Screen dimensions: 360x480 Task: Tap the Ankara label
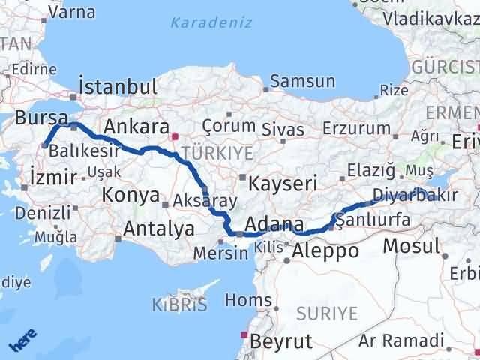tap(135, 125)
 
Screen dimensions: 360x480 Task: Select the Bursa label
tap(41, 117)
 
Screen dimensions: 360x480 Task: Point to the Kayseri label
tap(283, 183)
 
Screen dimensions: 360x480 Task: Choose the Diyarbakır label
tap(408, 196)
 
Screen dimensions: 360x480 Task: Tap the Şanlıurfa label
tap(373, 220)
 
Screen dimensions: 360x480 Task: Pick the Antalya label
tap(159, 228)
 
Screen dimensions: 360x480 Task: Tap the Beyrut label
tap(282, 341)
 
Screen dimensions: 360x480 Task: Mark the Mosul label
tap(411, 245)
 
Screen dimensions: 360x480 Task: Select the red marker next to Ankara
tap(175, 136)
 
